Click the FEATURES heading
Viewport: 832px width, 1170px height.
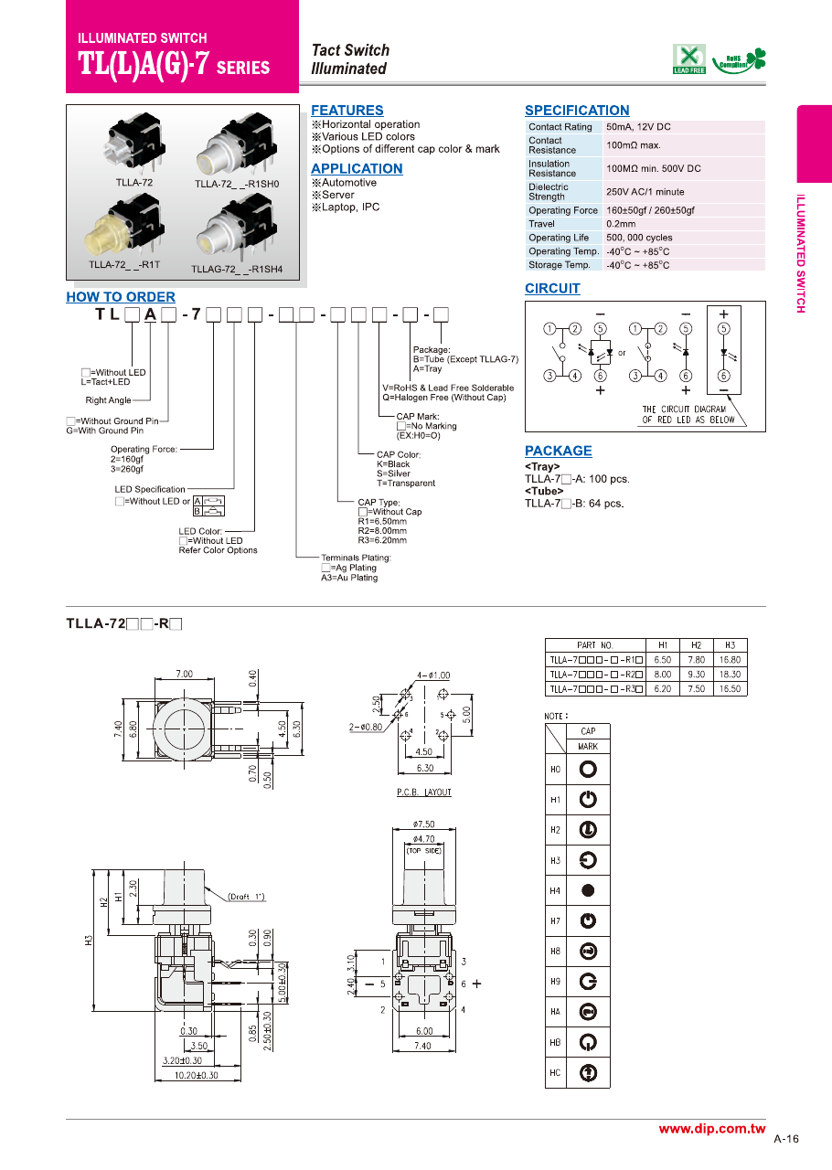click(x=347, y=110)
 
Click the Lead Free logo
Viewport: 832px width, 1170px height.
click(x=688, y=58)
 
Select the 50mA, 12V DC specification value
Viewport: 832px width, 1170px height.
click(x=637, y=127)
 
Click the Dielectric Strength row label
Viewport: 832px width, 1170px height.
click(x=549, y=192)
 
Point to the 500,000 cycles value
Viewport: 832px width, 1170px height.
click(x=639, y=238)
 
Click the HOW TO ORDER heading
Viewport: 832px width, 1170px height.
click(x=121, y=297)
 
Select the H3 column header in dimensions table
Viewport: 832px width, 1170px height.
click(x=730, y=645)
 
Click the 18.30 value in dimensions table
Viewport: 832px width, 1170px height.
click(x=730, y=675)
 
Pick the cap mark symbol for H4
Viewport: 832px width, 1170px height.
click(x=588, y=890)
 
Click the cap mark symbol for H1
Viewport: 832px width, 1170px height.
click(x=588, y=800)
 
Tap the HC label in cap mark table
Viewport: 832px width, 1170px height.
click(x=555, y=1072)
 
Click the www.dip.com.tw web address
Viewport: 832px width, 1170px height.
click(x=711, y=1130)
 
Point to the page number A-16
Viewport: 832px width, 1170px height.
click(x=786, y=1139)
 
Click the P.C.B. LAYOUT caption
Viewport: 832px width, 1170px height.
click(x=424, y=792)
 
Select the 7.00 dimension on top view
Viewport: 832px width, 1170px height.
click(x=185, y=674)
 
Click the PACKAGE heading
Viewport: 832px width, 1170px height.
click(x=558, y=451)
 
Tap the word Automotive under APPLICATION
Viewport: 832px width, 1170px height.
click(x=348, y=183)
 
